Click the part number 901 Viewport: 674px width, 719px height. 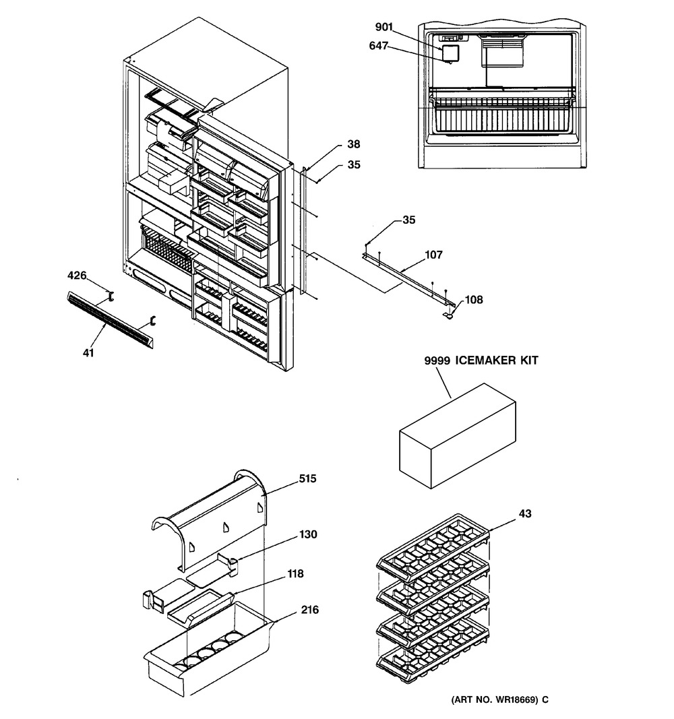pos(384,27)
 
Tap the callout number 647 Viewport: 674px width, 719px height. pos(378,45)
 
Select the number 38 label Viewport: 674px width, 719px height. pos(353,144)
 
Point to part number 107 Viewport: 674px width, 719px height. pos(433,255)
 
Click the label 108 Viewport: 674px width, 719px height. pos(474,299)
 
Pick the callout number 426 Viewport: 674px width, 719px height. pos(77,275)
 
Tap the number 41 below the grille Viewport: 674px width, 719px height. pos(88,352)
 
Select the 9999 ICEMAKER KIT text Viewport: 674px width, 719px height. pos(481,361)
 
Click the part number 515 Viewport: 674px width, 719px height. pos(307,478)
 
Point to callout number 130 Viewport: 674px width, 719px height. pos(308,534)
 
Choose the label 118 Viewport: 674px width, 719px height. pos(295,573)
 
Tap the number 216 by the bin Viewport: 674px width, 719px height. pos(309,609)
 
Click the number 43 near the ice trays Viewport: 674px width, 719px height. pos(525,513)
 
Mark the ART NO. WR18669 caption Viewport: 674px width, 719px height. pos(499,699)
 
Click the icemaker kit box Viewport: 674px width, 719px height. pos(458,435)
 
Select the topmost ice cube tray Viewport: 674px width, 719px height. pos(433,543)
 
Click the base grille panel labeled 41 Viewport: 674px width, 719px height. pos(110,319)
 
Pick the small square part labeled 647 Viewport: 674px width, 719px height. pos(451,54)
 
